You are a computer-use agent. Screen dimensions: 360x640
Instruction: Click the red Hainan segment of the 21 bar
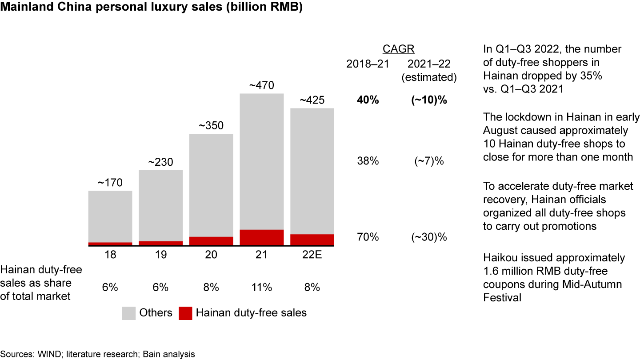click(x=262, y=237)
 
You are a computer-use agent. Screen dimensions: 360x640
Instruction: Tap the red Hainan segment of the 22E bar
click(x=312, y=239)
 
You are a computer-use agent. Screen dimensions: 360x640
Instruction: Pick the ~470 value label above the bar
click(x=262, y=85)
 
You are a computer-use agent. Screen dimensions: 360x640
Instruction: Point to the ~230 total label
click(x=160, y=162)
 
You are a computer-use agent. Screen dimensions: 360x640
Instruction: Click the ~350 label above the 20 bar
click(x=211, y=125)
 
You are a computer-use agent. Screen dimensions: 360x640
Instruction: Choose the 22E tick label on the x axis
click(x=312, y=255)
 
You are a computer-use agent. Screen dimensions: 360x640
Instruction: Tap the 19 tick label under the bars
click(x=160, y=255)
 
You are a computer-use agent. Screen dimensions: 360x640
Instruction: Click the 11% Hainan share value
click(x=262, y=287)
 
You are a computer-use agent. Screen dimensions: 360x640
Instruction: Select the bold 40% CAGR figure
click(x=368, y=100)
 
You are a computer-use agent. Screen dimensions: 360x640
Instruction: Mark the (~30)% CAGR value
click(x=429, y=237)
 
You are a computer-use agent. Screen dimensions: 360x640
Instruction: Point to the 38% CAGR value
click(x=368, y=161)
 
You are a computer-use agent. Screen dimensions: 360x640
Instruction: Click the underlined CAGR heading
click(x=399, y=49)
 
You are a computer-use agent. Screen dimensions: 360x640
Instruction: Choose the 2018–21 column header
click(x=368, y=64)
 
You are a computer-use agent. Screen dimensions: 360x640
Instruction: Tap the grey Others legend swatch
click(x=129, y=313)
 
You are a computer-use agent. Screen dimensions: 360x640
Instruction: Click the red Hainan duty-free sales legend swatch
click(x=185, y=313)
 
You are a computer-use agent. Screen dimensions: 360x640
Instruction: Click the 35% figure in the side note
click(x=592, y=76)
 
